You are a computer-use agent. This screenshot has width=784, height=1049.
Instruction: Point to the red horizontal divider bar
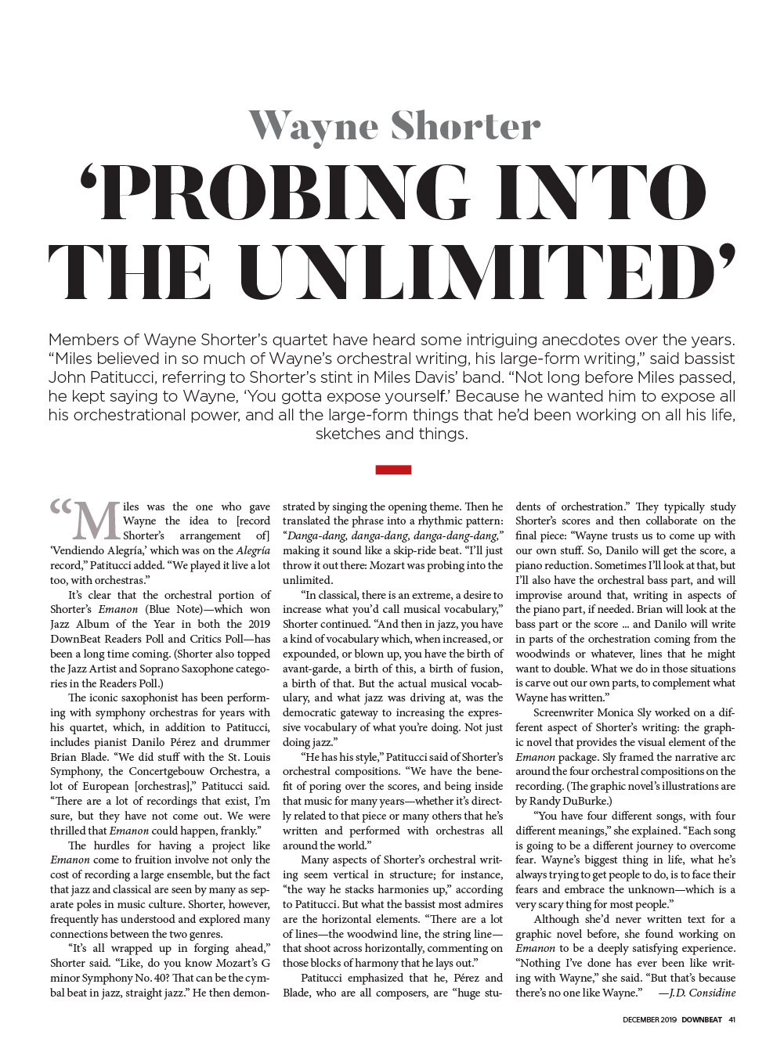click(393, 470)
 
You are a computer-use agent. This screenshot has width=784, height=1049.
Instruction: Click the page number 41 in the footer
click(732, 1019)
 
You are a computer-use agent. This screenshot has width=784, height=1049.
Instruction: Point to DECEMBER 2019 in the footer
click(650, 1019)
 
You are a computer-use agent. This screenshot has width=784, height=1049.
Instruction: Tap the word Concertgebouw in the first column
click(165, 772)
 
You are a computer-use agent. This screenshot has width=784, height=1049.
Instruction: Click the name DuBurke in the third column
click(586, 801)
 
